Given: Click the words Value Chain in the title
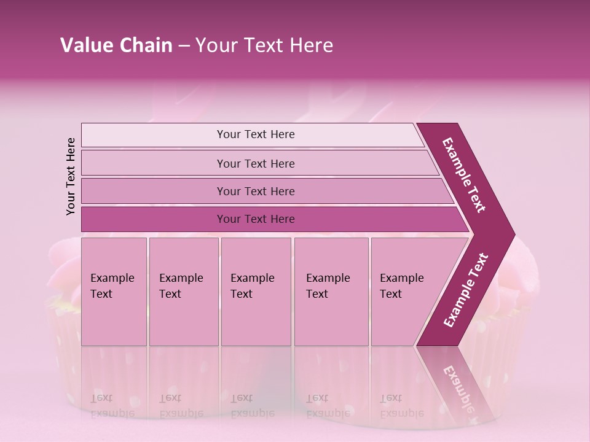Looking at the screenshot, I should click(116, 45).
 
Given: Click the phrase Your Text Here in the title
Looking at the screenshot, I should click(264, 45).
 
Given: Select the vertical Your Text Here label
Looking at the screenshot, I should click(71, 176).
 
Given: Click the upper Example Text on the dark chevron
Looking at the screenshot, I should click(464, 175).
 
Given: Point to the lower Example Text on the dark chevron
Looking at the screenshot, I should click(466, 290).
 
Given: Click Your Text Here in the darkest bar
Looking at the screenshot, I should click(256, 219).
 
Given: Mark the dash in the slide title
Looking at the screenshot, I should click(184, 46).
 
